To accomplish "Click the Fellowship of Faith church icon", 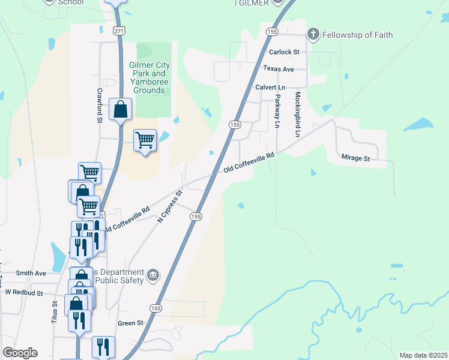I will pyautogui.click(x=312, y=34).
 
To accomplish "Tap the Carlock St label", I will pyautogui.click(x=284, y=52).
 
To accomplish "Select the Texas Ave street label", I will pyautogui.click(x=279, y=69).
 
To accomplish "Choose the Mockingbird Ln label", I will pyautogui.click(x=297, y=114).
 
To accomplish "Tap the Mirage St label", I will pyautogui.click(x=356, y=158).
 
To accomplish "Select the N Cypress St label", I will pyautogui.click(x=169, y=207).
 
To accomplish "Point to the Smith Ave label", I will pyautogui.click(x=31, y=273).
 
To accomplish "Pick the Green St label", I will pyautogui.click(x=131, y=323).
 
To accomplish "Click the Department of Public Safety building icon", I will pyautogui.click(x=154, y=275).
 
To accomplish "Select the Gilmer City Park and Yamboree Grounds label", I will pyautogui.click(x=149, y=77).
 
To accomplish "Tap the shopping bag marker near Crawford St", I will pyautogui.click(x=121, y=110).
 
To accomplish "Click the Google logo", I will pyautogui.click(x=20, y=353).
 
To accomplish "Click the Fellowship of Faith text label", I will pyautogui.click(x=357, y=35).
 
